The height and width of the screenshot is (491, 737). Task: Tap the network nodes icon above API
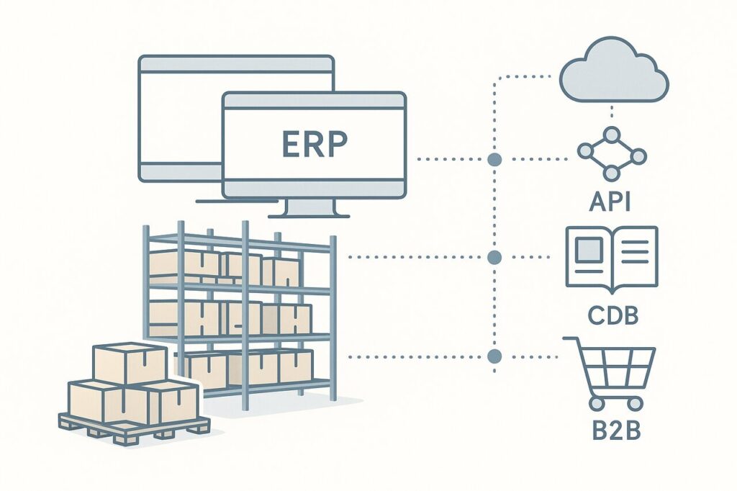pos(612,153)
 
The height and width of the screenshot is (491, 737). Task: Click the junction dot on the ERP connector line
pos(494,159)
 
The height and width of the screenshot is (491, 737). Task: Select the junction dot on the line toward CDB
pos(494,257)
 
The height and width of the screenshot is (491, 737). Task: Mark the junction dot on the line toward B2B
pos(494,356)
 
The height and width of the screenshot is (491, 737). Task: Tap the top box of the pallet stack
pos(130,363)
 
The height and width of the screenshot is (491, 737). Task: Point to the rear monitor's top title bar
pos(236,64)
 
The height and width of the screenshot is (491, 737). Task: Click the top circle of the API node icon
pos(612,135)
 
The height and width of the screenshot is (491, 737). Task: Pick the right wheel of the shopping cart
pos(636,403)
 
